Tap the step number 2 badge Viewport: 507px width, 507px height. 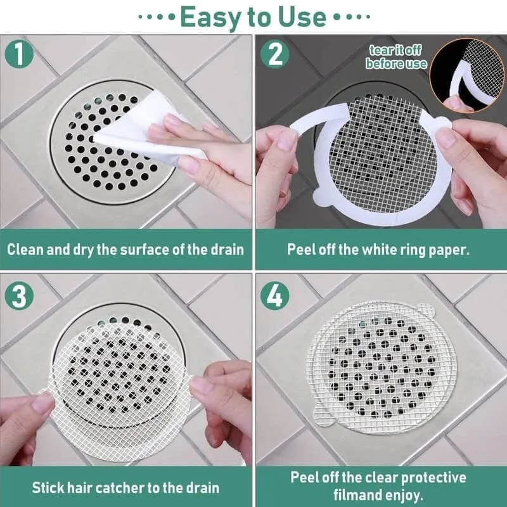point(275,55)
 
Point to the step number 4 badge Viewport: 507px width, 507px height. point(275,296)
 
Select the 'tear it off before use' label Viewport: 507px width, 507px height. point(396,58)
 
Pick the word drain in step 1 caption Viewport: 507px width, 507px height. point(226,248)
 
